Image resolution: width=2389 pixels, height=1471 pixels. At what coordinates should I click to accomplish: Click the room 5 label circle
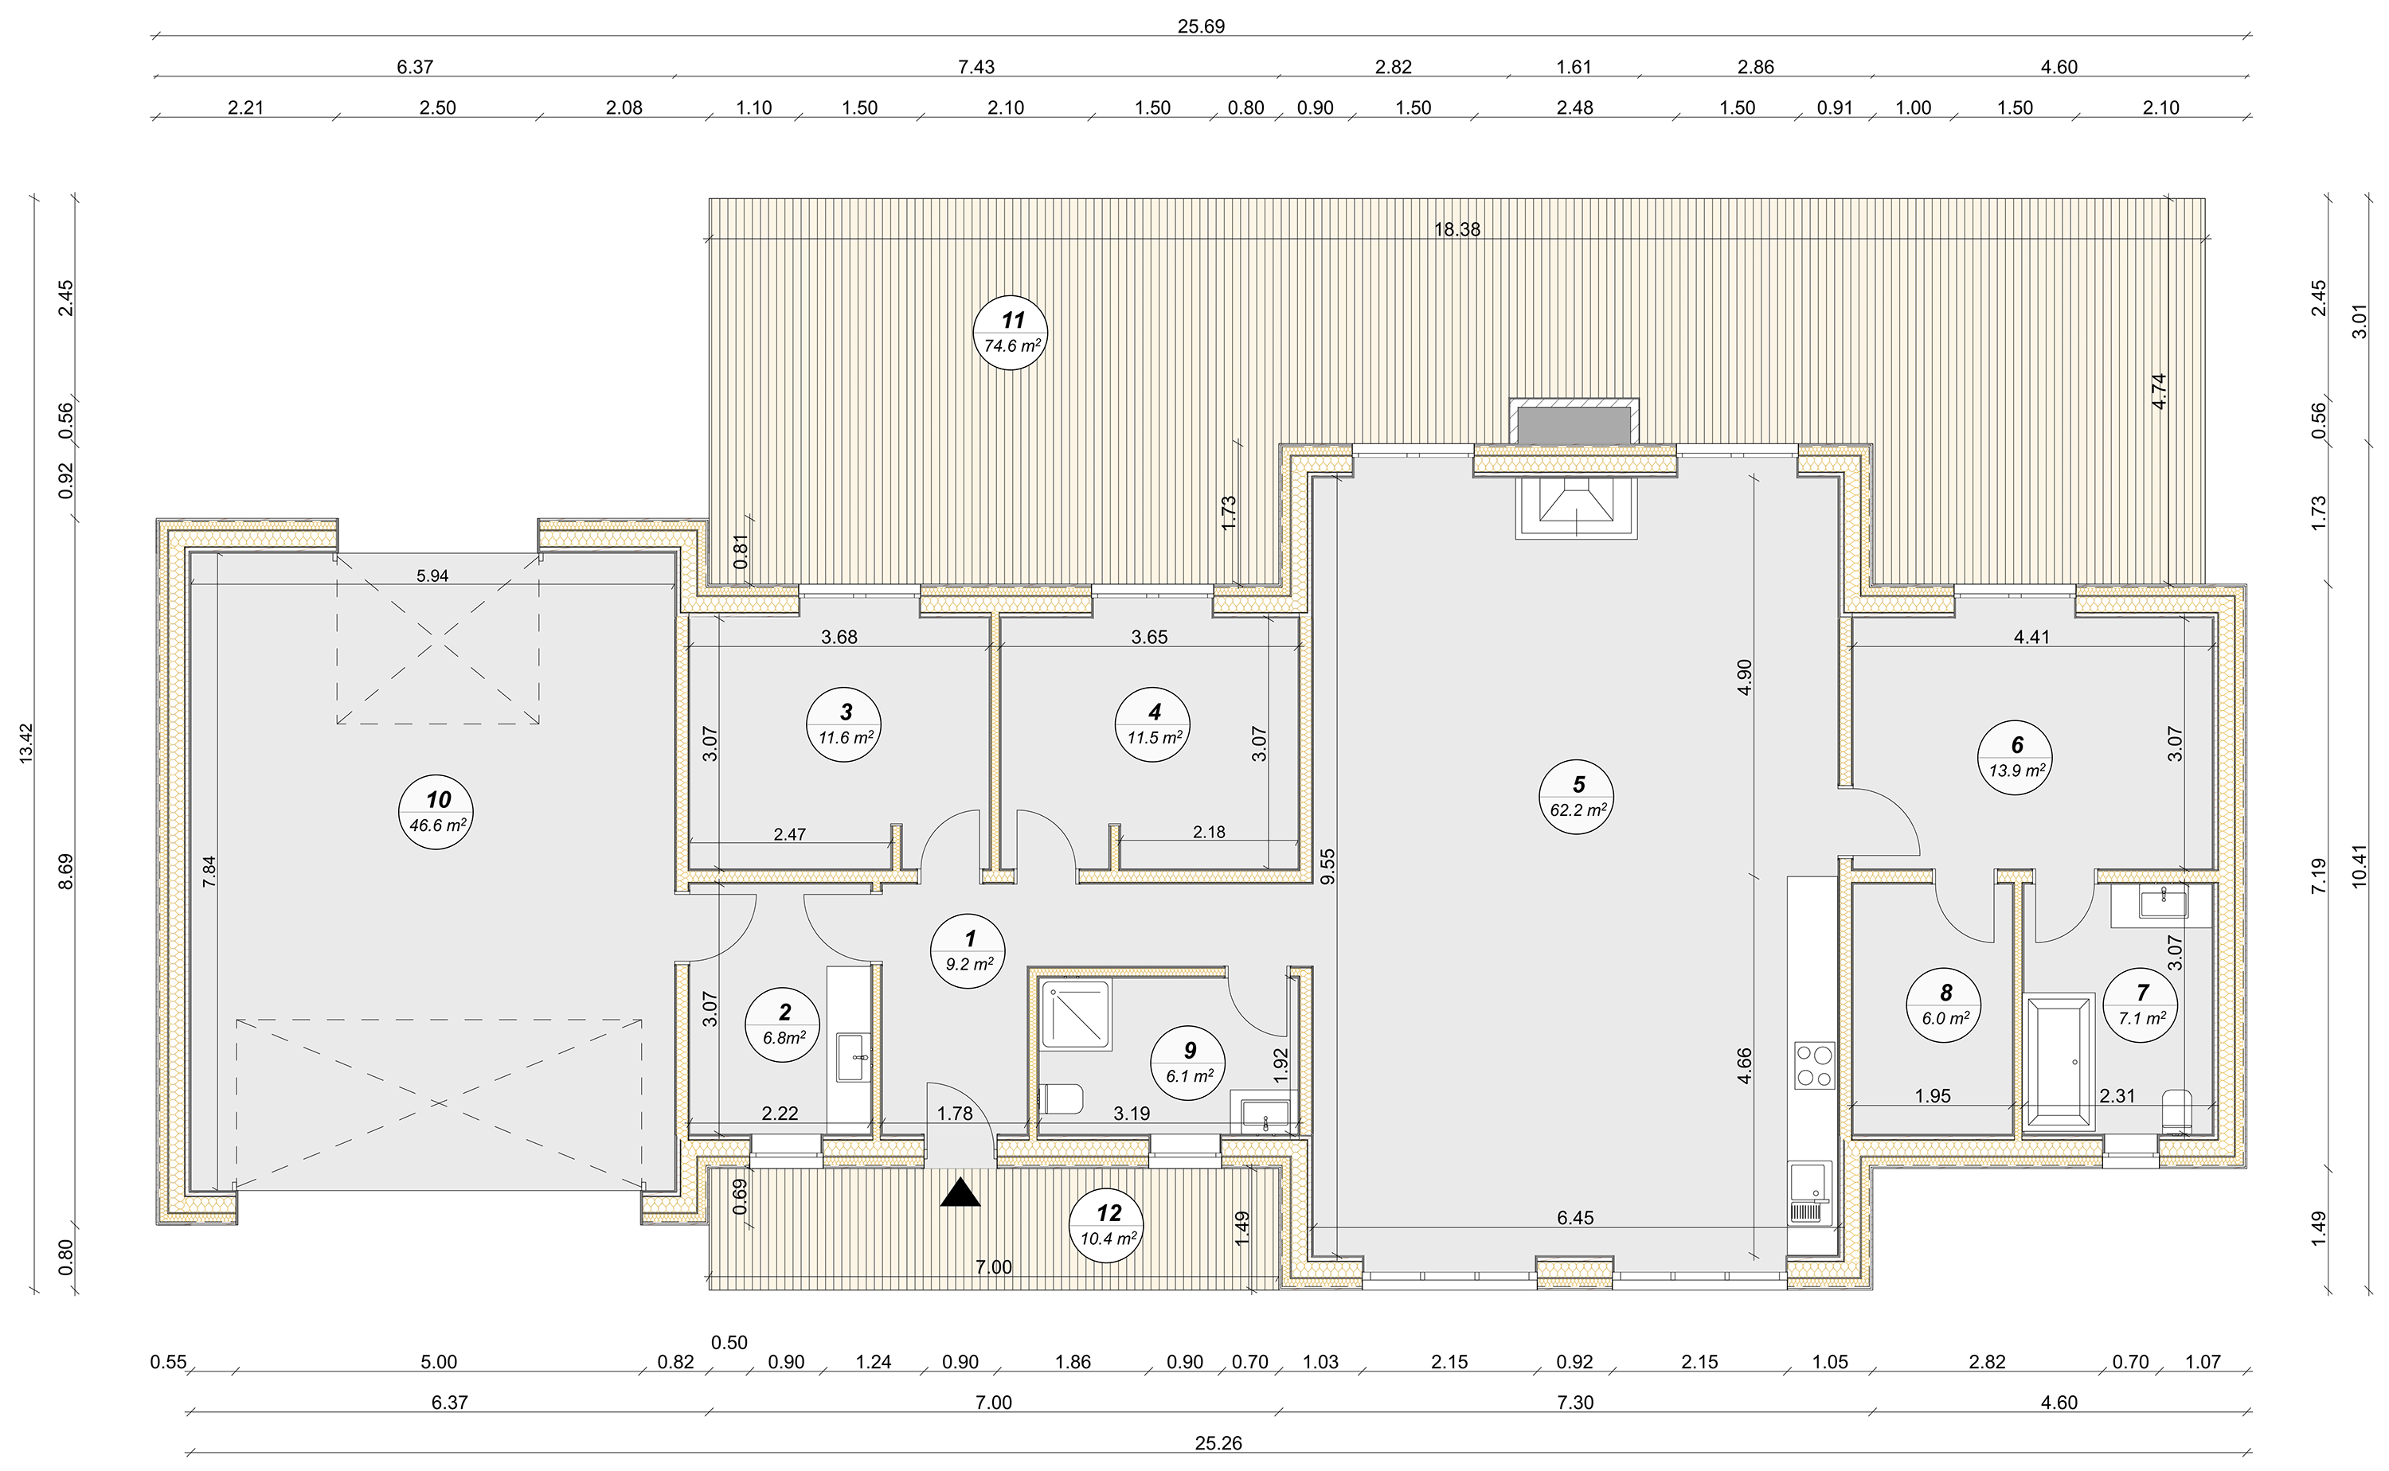(x=1577, y=797)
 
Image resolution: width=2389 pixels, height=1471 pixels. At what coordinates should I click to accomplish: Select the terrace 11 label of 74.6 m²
(x=1011, y=333)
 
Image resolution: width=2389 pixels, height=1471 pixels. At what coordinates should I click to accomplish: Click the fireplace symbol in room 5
(x=1575, y=507)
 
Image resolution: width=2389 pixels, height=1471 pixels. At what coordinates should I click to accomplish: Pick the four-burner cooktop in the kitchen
(x=1814, y=1064)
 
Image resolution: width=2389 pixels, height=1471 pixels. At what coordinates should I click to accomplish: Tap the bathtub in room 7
(x=2059, y=1061)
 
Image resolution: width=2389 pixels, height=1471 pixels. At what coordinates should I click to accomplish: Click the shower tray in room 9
(x=1075, y=1016)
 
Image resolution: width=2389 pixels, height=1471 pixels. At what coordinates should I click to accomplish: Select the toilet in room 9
(x=1062, y=1099)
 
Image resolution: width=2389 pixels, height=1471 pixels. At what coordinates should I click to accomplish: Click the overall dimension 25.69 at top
(x=1201, y=26)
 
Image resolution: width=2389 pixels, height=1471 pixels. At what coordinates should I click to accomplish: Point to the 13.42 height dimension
(x=26, y=743)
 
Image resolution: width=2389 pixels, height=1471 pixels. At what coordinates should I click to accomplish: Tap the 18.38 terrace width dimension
(x=1456, y=229)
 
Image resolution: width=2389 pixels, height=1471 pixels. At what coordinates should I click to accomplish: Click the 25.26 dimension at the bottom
(x=1218, y=1444)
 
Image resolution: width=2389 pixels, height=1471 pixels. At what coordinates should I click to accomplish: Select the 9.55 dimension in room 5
(x=1327, y=866)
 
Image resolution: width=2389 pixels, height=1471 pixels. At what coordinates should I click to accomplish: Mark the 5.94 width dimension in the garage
(x=432, y=576)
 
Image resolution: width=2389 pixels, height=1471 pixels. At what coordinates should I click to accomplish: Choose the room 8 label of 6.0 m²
(x=1945, y=1006)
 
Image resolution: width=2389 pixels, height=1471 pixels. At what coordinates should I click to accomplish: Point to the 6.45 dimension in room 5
(x=1574, y=1218)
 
